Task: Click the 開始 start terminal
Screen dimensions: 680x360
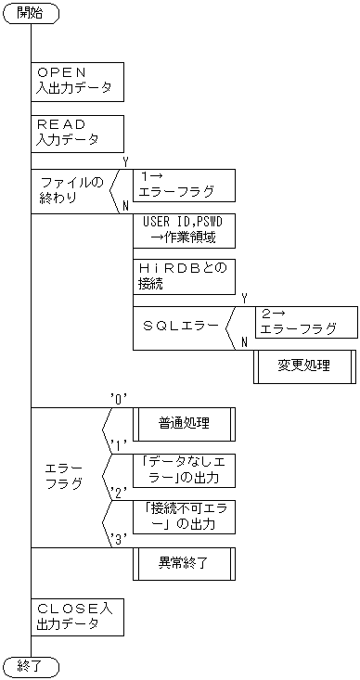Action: [31, 13]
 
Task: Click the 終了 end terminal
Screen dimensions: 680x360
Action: [31, 665]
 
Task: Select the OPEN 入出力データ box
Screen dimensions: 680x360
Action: [77, 81]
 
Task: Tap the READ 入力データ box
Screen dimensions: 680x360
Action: [77, 133]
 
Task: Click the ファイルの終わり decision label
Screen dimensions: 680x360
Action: [71, 191]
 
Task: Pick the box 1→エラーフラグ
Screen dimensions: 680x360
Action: [184, 185]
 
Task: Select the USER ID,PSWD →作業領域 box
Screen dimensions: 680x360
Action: [184, 231]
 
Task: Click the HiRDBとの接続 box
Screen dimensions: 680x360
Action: [184, 276]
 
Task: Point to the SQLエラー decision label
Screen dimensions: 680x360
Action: [182, 327]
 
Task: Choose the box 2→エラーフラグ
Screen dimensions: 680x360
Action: [305, 321]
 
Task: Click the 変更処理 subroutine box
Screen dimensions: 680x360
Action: [304, 366]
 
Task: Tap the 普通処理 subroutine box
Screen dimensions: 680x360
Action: [184, 424]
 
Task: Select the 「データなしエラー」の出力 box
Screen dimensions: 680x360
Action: [184, 469]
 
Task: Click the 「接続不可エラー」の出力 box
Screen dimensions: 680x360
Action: [184, 516]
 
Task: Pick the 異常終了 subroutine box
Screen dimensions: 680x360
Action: [184, 562]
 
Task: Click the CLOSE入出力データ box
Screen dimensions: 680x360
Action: [77, 616]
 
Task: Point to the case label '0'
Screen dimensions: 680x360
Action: [118, 399]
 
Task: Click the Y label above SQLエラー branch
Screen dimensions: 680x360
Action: [243, 298]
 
